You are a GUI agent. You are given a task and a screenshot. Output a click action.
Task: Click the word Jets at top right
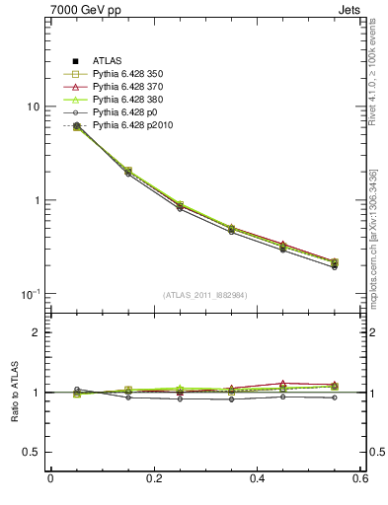(x=351, y=10)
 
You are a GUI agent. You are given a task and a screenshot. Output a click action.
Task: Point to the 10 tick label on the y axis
(x=33, y=107)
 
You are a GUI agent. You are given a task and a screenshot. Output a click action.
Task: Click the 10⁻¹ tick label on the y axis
(x=31, y=295)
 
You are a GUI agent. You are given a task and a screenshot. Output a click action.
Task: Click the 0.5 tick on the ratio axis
(x=31, y=452)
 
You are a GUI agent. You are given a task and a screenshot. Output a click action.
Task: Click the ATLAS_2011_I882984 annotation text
(x=205, y=295)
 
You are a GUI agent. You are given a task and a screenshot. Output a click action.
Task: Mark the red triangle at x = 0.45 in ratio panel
(x=283, y=383)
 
